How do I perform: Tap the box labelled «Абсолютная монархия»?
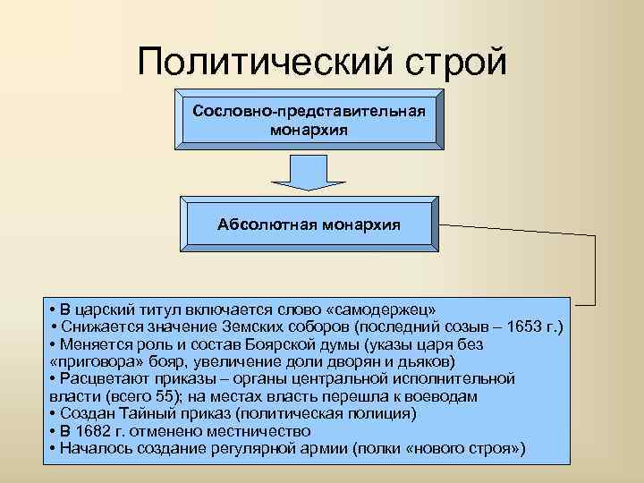309,223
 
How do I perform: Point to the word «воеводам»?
445,396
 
